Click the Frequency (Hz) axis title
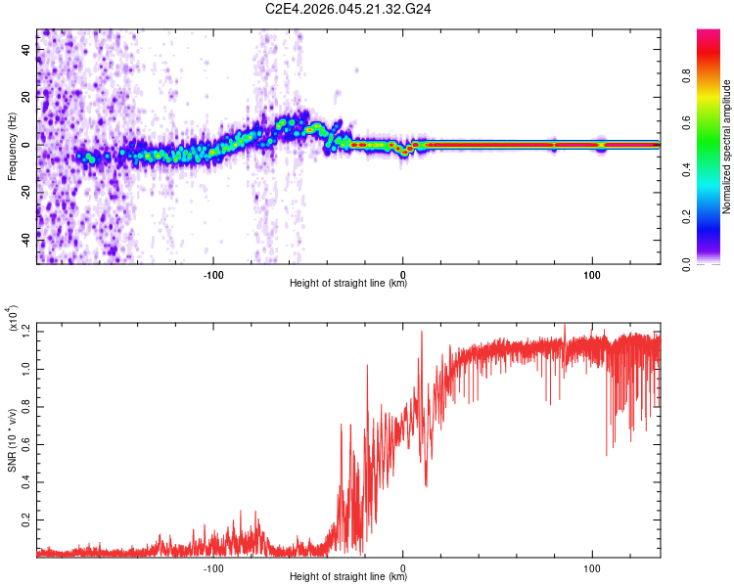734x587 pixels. [x=12, y=147]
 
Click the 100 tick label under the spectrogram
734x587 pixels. [x=592, y=273]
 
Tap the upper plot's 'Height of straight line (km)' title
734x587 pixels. [x=348, y=284]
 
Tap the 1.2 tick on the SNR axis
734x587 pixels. [x=26, y=333]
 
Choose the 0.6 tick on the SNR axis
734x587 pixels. [x=26, y=444]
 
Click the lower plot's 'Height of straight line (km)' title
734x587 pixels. [x=348, y=578]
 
